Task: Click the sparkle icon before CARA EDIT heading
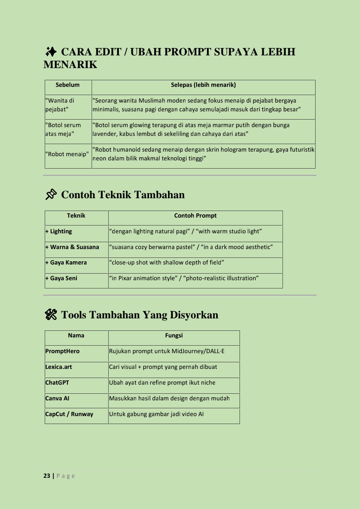pos(51,52)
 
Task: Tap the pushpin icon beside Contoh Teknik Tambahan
pos(51,195)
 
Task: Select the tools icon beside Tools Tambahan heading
pos(51,315)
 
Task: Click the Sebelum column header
pos(67,85)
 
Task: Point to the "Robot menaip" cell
pos(67,154)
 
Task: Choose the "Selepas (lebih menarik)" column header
pos(203,85)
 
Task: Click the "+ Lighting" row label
pos(59,232)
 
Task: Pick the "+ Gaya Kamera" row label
pos(66,263)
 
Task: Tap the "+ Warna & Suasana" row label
pos(72,247)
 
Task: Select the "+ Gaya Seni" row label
pos(61,278)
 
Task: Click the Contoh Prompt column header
pos(195,216)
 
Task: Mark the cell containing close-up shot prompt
pos(166,263)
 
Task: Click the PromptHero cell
pos(62,351)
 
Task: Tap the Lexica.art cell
pos(59,367)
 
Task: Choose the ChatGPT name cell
pos(57,383)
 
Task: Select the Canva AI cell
pos(57,399)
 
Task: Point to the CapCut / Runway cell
pos(69,414)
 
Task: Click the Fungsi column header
pos(174,336)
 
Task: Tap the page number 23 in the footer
pos(47,476)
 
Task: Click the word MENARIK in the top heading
pos(70,65)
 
